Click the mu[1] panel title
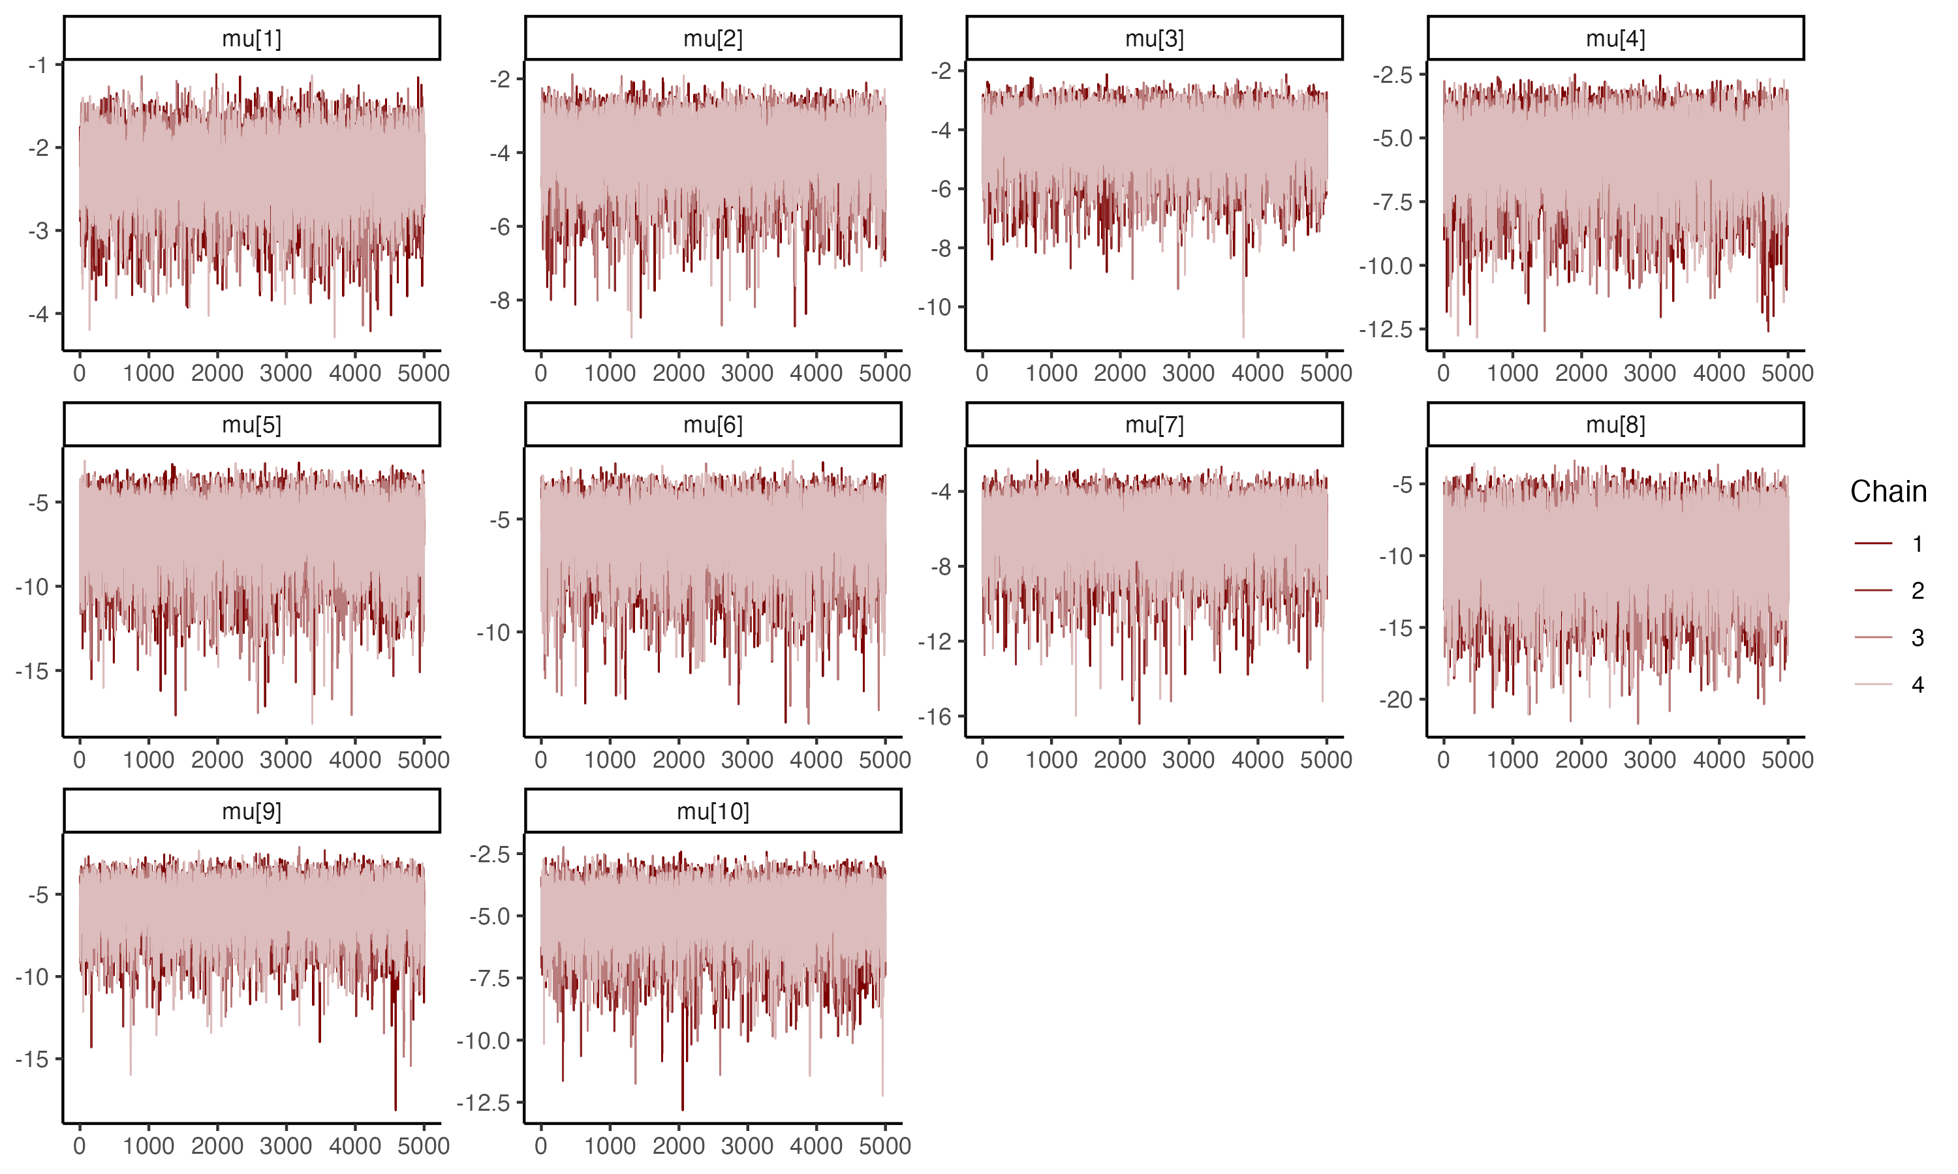tap(252, 38)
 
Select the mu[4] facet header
tap(1615, 38)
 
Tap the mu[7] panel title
tap(1154, 425)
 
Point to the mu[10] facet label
tap(712, 811)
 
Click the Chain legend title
tap(1888, 491)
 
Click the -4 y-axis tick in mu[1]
tap(38, 314)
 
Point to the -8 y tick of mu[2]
tap(499, 301)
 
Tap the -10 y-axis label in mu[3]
tap(935, 307)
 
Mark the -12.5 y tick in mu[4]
tap(1386, 329)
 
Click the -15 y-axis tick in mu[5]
tap(32, 672)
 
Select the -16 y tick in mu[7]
tap(935, 717)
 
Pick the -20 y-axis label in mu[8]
tap(1396, 699)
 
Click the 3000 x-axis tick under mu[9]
tap(286, 1145)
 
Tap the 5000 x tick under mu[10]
tap(885, 1145)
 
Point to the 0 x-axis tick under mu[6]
tap(540, 759)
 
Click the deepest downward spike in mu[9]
tap(396, 1109)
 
